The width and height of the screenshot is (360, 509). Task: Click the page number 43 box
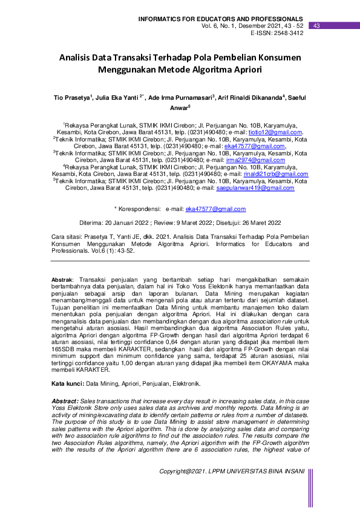(316, 26)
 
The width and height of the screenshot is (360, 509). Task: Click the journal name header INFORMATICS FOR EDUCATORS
(221, 19)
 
